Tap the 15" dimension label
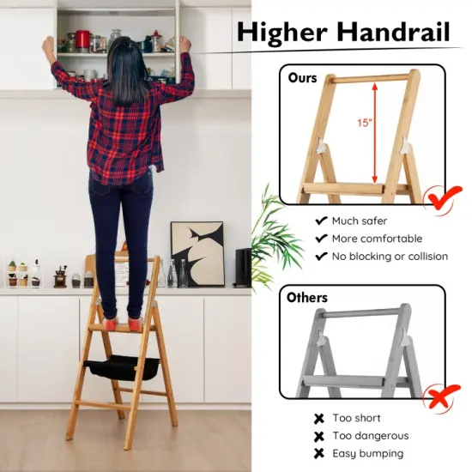[x=366, y=123]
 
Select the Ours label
[x=302, y=78]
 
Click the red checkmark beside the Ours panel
[x=443, y=199]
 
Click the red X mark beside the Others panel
[x=442, y=394]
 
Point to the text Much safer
[x=357, y=221]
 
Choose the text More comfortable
[x=377, y=239]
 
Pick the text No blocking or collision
[x=390, y=257]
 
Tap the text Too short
[x=355, y=419]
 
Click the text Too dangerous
[x=370, y=436]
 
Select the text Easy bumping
[x=366, y=453]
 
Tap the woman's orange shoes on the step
[x=120, y=324]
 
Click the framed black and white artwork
[x=197, y=253]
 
